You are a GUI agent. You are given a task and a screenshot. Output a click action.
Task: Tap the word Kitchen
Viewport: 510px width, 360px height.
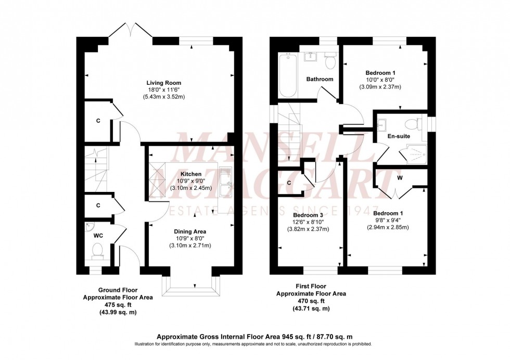click(x=191, y=174)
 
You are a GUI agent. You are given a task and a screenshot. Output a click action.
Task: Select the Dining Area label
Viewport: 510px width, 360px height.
click(x=190, y=232)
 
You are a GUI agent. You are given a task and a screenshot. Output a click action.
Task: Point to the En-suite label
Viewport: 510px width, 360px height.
click(x=399, y=136)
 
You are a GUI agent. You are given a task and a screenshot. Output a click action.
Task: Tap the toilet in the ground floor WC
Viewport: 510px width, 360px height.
click(x=97, y=252)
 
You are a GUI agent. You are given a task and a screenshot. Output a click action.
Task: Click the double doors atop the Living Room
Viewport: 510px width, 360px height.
click(x=130, y=30)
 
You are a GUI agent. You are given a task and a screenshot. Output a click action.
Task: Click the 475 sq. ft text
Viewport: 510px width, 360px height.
click(x=118, y=305)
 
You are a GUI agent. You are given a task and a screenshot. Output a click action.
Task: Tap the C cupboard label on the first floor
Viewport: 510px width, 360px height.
click(x=289, y=183)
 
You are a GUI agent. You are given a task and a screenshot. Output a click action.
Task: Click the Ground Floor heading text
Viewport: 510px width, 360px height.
click(x=118, y=290)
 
